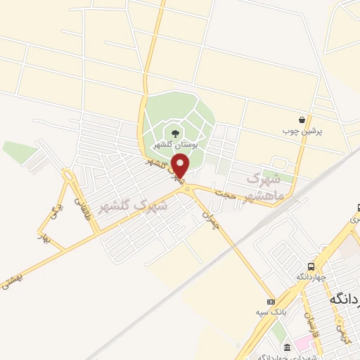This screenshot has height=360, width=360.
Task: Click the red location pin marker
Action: (181, 166)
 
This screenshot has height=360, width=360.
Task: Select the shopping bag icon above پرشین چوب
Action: (302, 120)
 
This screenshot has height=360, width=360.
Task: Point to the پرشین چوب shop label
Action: (302, 131)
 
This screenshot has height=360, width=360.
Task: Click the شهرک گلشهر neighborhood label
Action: (134, 204)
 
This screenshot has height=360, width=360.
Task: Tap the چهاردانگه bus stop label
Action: (309, 276)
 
